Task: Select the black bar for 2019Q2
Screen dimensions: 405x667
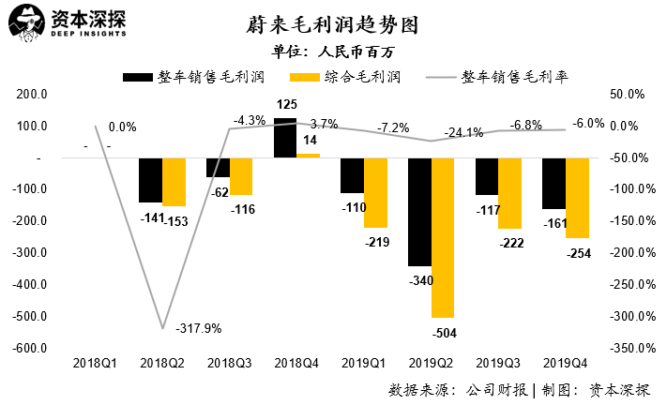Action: point(419,212)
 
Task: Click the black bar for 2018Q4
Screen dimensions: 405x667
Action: point(285,138)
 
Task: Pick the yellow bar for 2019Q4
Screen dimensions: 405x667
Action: point(577,198)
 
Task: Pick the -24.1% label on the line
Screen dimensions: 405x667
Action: point(463,132)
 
